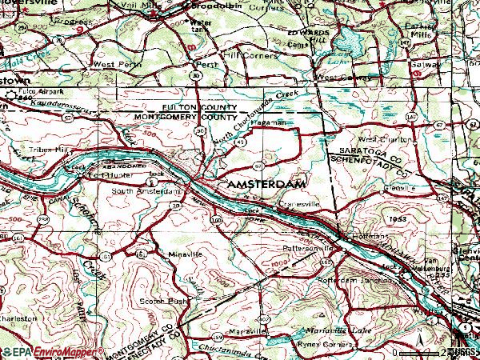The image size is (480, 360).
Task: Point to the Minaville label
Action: click(185, 254)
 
